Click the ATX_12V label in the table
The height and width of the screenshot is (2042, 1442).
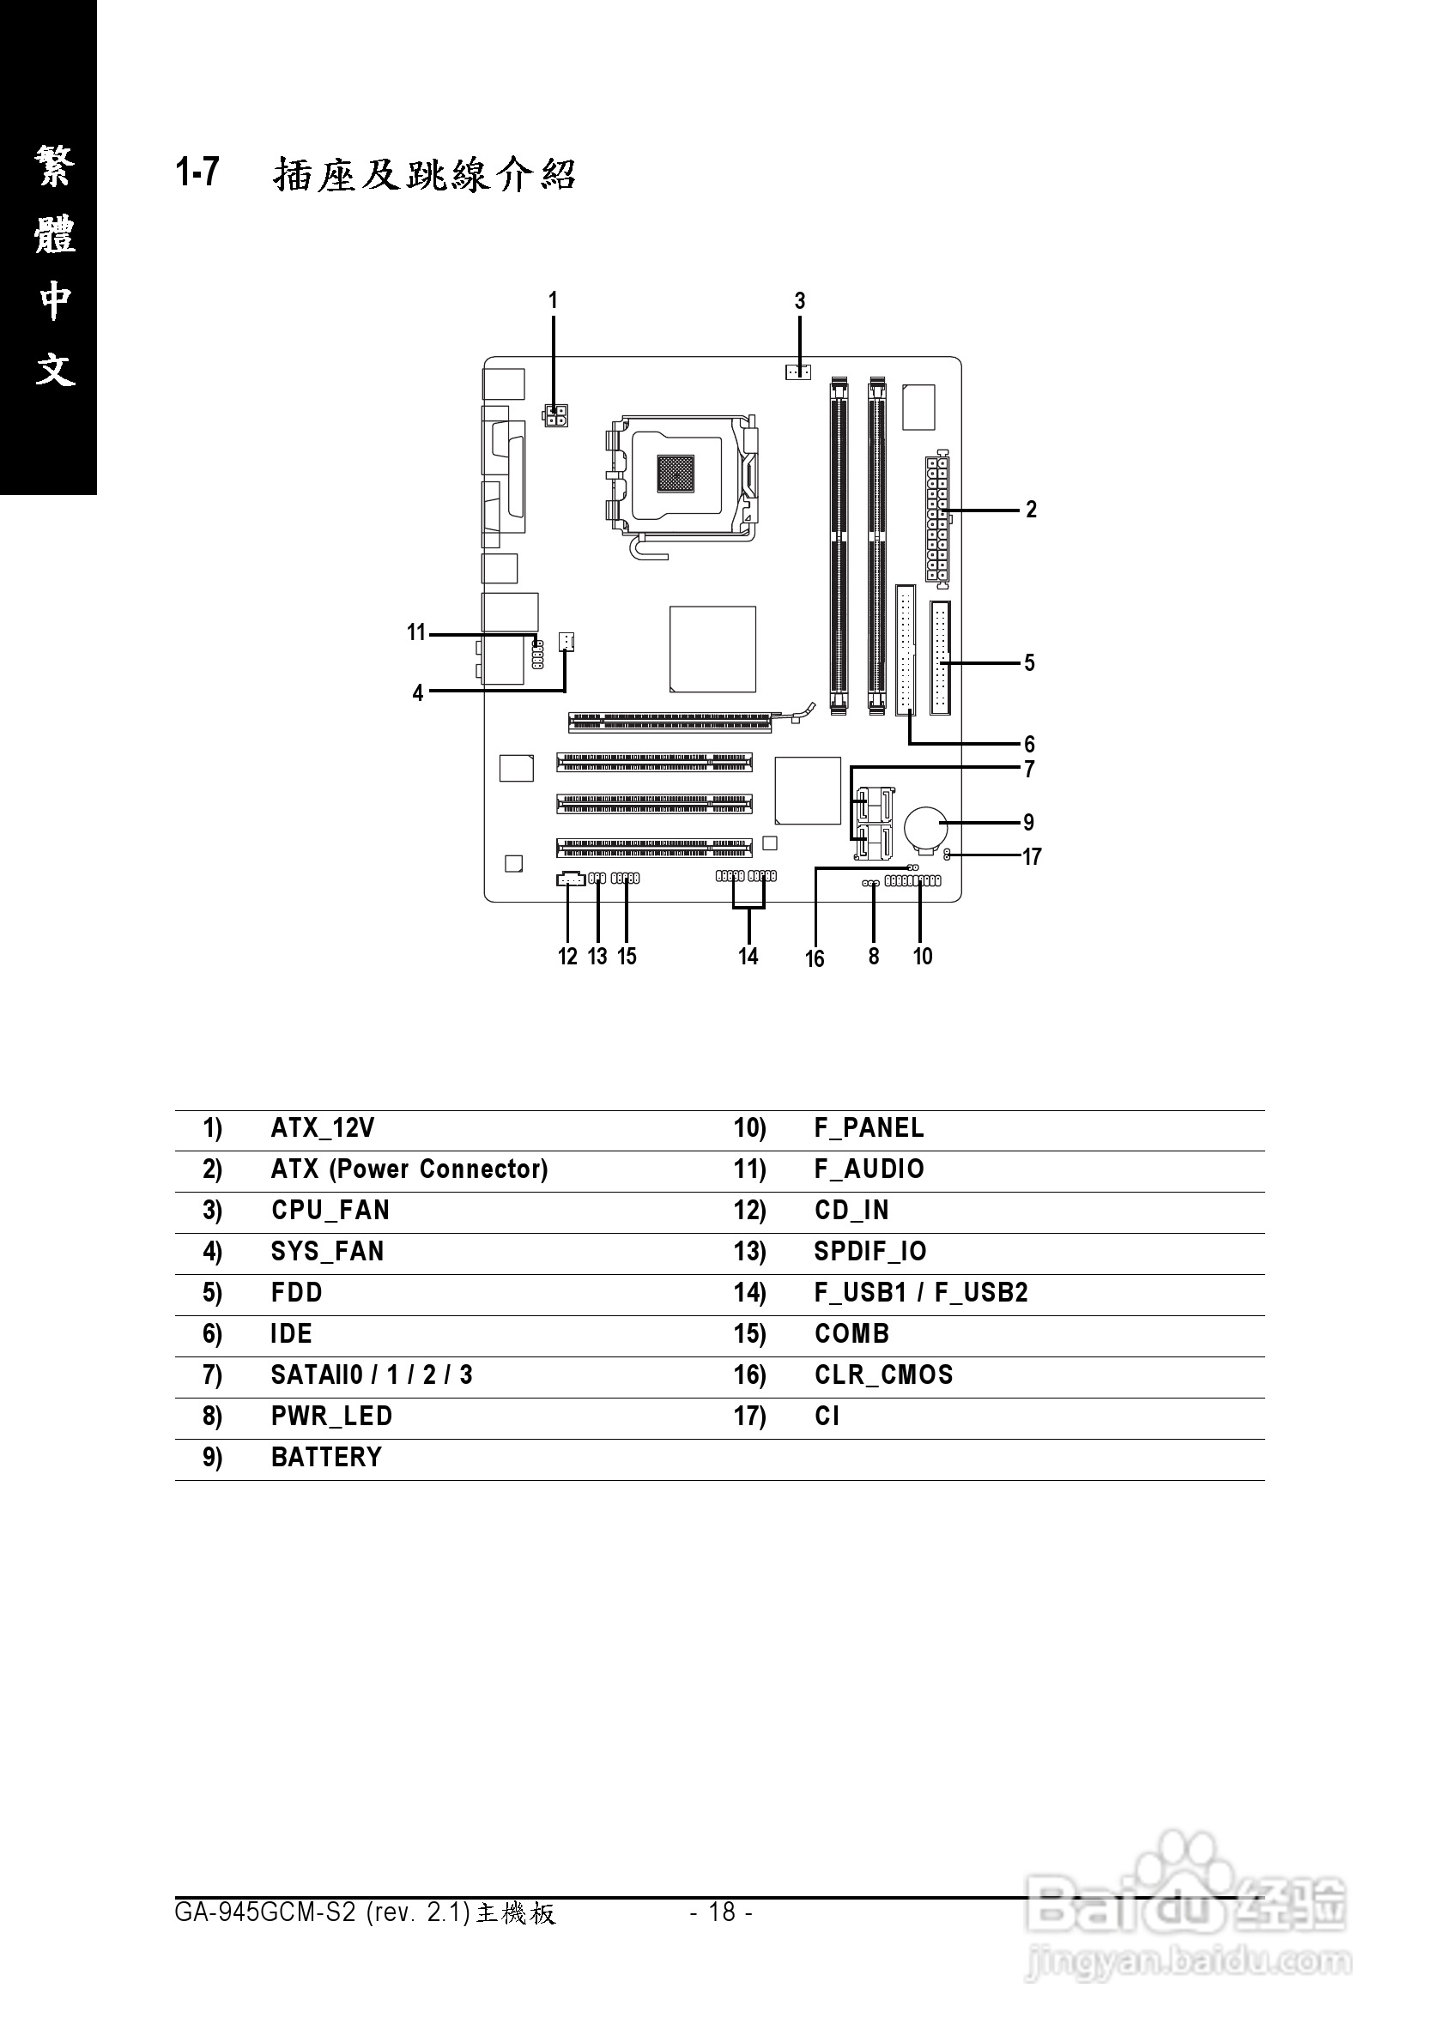(x=322, y=1128)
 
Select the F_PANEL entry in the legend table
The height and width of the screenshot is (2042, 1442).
(x=869, y=1128)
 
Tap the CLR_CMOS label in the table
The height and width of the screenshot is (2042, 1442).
(x=882, y=1375)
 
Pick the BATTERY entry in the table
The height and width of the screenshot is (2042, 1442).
(x=325, y=1458)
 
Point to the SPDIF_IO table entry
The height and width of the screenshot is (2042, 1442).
(x=870, y=1253)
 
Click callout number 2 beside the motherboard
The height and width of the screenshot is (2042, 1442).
(x=1031, y=510)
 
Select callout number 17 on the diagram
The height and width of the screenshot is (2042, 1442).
(x=1031, y=856)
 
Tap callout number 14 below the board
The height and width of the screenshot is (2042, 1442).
(x=748, y=956)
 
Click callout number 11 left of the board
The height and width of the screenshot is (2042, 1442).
(x=416, y=632)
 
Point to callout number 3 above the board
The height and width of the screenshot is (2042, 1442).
(x=800, y=301)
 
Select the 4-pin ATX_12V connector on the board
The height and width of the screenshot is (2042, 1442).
(x=558, y=415)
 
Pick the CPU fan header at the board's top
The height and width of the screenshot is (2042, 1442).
(x=798, y=371)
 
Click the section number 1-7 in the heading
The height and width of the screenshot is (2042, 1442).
(x=197, y=172)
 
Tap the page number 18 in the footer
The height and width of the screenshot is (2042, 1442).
(x=722, y=1912)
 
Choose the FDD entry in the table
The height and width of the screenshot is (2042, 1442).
(x=296, y=1293)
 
